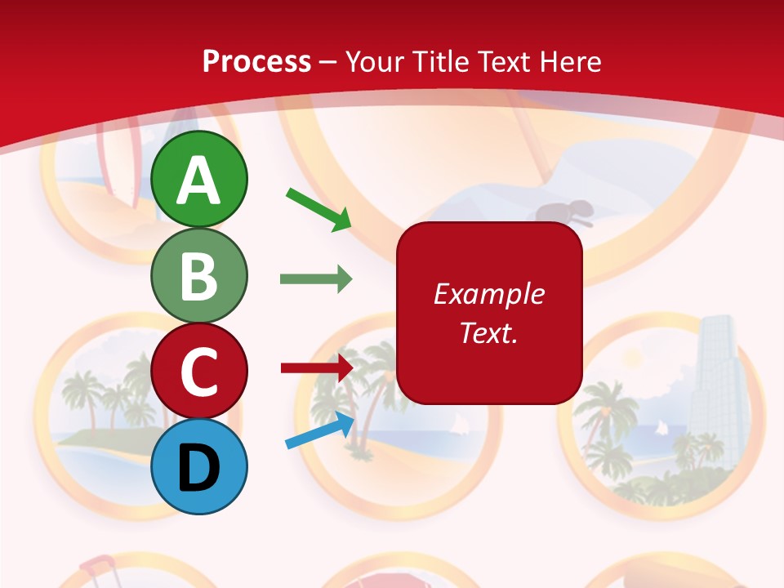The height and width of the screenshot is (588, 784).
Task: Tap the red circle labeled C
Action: (198, 371)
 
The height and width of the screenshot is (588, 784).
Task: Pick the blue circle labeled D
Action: (198, 466)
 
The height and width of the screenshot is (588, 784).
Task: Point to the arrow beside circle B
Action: (316, 279)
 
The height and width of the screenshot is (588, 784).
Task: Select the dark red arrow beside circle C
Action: (317, 367)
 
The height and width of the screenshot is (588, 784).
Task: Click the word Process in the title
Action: (256, 61)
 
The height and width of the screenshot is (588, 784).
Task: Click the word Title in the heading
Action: (439, 61)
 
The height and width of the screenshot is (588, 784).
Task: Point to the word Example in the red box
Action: (488, 294)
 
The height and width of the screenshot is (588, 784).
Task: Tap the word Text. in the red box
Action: (488, 332)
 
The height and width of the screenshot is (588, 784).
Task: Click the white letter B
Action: (198, 276)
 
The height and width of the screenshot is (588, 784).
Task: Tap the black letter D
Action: (198, 467)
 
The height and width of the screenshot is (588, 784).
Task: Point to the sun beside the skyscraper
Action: (633, 359)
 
